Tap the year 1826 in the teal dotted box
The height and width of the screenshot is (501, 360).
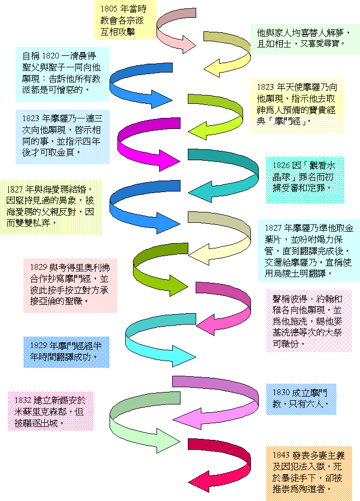[x=281, y=165]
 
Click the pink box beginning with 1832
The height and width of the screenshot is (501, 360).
[x=51, y=411]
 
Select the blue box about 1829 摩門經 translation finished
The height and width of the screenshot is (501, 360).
[x=66, y=351]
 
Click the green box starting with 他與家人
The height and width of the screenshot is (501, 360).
[x=305, y=38]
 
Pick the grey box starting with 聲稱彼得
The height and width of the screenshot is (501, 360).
[x=308, y=321]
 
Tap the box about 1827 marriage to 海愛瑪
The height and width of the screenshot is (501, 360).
[x=50, y=206]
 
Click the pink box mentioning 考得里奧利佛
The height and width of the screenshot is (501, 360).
[x=70, y=284]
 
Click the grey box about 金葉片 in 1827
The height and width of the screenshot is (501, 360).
[x=309, y=250]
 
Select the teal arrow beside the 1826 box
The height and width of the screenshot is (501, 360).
[x=224, y=172]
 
